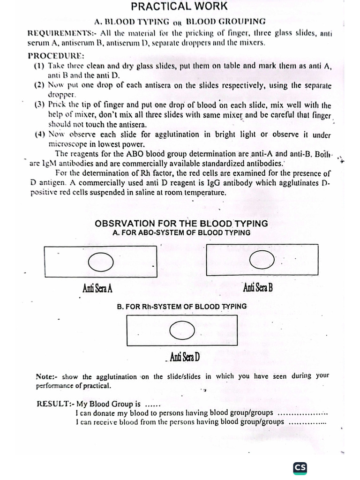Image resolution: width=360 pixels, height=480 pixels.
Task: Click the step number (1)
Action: (x=39, y=66)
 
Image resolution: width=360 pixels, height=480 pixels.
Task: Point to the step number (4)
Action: (x=39, y=135)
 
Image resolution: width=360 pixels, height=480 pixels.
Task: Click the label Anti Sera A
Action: (x=97, y=287)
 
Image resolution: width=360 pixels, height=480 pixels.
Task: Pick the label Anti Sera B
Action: (x=258, y=287)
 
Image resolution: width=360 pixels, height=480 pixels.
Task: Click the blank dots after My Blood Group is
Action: (x=153, y=405)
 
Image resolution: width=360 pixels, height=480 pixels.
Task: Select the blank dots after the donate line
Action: (x=302, y=413)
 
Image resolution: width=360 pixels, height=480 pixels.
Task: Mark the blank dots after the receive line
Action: (x=307, y=422)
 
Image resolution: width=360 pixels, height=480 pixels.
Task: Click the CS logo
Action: (x=300, y=467)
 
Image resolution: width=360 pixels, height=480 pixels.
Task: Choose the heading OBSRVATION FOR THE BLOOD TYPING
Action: (x=181, y=223)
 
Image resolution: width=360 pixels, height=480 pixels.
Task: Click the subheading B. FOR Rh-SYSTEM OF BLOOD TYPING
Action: (x=182, y=307)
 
